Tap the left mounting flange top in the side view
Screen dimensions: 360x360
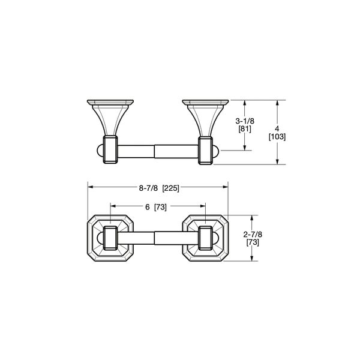pos(110,100)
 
